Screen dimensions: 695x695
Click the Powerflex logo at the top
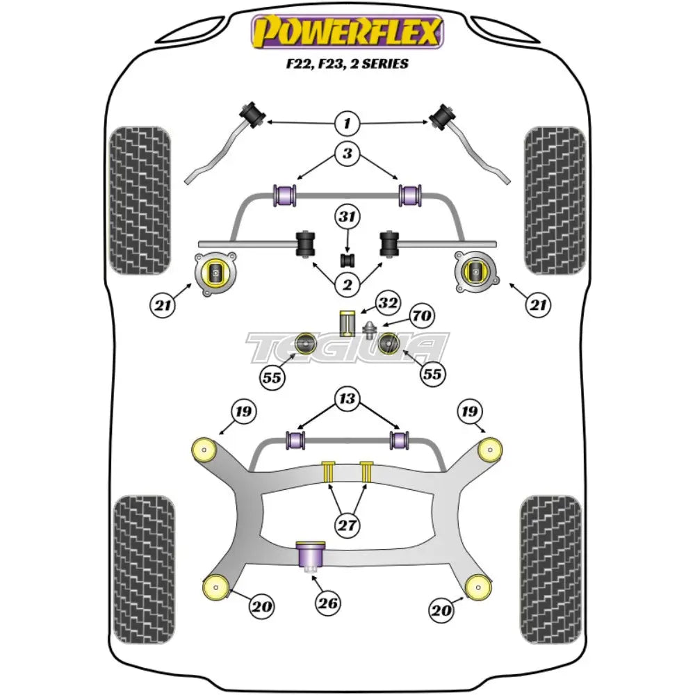pyautogui.click(x=347, y=31)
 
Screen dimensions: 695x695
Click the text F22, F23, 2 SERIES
pyautogui.click(x=347, y=64)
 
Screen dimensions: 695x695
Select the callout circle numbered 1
pyautogui.click(x=347, y=124)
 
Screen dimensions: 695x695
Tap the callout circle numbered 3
pyautogui.click(x=347, y=154)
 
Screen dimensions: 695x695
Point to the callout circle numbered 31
pyautogui.click(x=347, y=218)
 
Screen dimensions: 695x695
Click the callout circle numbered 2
pyautogui.click(x=347, y=284)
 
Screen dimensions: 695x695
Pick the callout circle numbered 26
pyautogui.click(x=329, y=603)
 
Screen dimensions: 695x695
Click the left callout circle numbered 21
pyautogui.click(x=161, y=304)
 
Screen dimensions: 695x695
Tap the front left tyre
pyautogui.click(x=140, y=200)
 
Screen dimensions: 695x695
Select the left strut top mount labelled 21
pyautogui.click(x=215, y=275)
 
